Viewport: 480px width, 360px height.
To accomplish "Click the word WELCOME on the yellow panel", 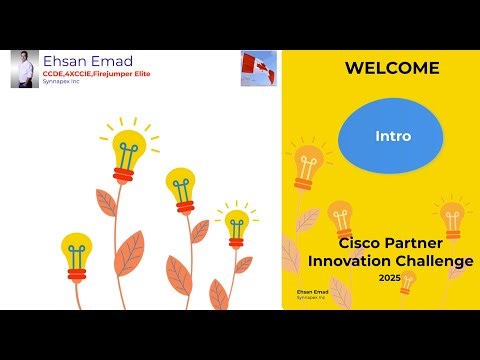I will point(391,68).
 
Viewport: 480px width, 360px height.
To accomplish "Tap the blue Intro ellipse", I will point(392,135).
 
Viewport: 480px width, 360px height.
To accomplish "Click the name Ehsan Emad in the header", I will point(86,61).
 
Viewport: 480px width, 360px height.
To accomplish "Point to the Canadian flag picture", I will point(258,68).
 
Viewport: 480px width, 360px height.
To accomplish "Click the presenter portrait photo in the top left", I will point(24,69).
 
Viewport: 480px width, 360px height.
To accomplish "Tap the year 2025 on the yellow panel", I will point(390,277).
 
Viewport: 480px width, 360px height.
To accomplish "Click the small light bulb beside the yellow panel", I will point(236,226).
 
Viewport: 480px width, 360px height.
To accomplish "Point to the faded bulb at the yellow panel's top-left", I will point(306,165).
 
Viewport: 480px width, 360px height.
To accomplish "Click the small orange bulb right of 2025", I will point(407,281).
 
